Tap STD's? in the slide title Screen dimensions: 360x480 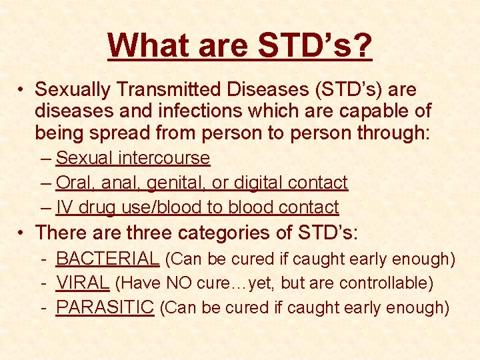point(314,46)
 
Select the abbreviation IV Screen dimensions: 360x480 point(65,207)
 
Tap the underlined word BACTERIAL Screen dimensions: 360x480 point(107,259)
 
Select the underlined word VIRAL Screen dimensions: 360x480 point(83,283)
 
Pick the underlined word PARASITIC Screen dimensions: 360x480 point(105,308)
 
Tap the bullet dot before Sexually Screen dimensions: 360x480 point(22,90)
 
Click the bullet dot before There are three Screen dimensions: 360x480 point(22,233)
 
